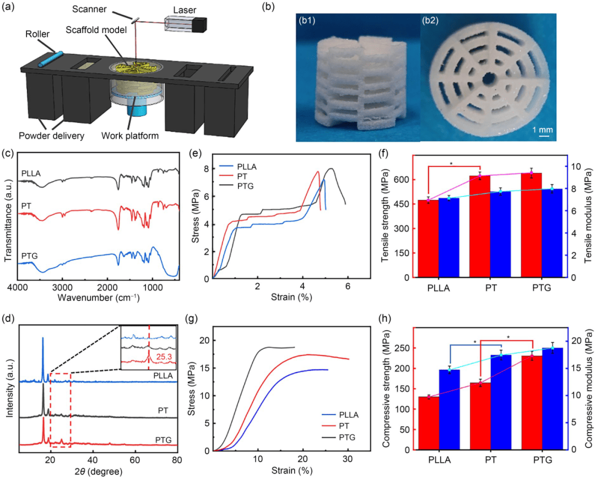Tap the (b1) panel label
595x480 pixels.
310,22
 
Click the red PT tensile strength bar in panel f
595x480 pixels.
479,226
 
